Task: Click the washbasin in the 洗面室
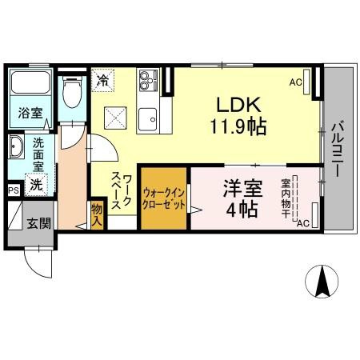click(x=18, y=148)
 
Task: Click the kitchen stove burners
click(x=147, y=80)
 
